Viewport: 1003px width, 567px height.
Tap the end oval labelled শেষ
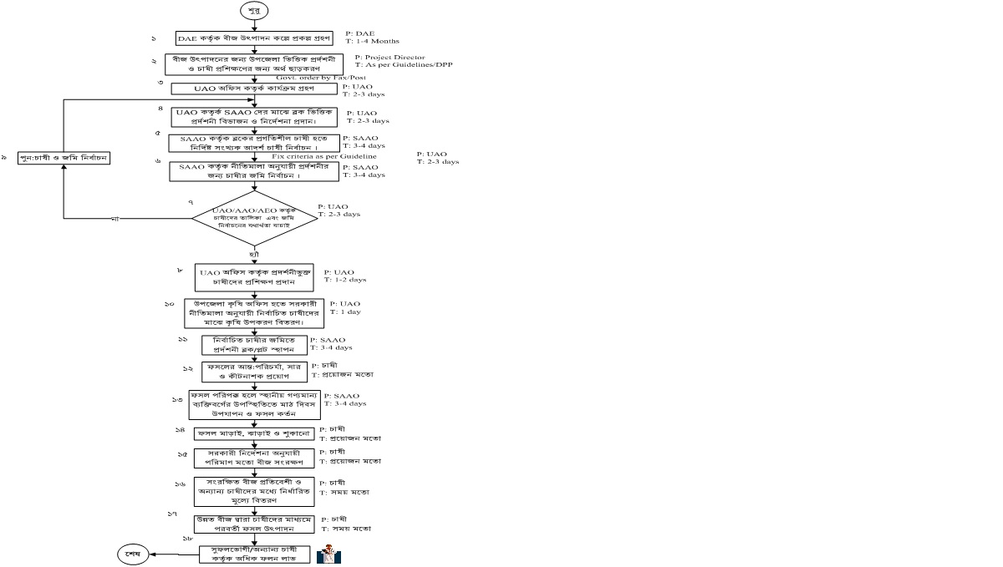tap(131, 554)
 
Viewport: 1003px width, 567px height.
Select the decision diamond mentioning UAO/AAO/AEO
tap(254, 219)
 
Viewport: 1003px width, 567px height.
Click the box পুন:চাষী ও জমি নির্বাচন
tap(64, 158)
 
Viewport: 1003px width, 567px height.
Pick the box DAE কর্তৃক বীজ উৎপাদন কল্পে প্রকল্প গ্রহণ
tap(254, 38)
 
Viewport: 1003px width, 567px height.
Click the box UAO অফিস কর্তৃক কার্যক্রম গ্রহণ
tap(253, 88)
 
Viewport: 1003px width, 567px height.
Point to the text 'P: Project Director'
tap(390, 57)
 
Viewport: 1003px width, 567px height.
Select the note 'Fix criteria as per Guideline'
tap(323, 156)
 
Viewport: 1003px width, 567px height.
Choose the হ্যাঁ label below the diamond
tap(253, 252)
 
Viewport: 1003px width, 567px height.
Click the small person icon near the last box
tap(328, 555)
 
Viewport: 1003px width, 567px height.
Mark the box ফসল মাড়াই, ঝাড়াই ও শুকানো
tap(254, 433)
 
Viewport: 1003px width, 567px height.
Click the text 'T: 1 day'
tap(346, 311)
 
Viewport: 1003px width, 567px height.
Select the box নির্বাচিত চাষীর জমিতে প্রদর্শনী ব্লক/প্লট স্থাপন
tap(254, 345)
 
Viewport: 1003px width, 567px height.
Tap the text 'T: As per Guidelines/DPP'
tap(404, 64)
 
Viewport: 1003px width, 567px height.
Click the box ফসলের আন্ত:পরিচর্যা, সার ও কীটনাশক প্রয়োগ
tap(254, 372)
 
